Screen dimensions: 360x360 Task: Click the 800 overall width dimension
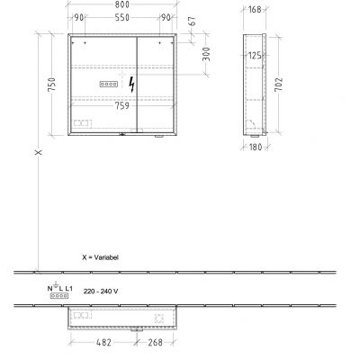pyautogui.click(x=123, y=7)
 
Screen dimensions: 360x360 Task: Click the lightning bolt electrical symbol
pyautogui.click(x=134, y=85)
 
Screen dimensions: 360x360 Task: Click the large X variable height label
pyautogui.click(x=37, y=154)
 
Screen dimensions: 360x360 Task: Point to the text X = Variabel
pyautogui.click(x=101, y=256)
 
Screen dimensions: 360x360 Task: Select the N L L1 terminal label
pyautogui.click(x=58, y=285)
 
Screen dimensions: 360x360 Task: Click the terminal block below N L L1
pyautogui.click(x=59, y=293)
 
